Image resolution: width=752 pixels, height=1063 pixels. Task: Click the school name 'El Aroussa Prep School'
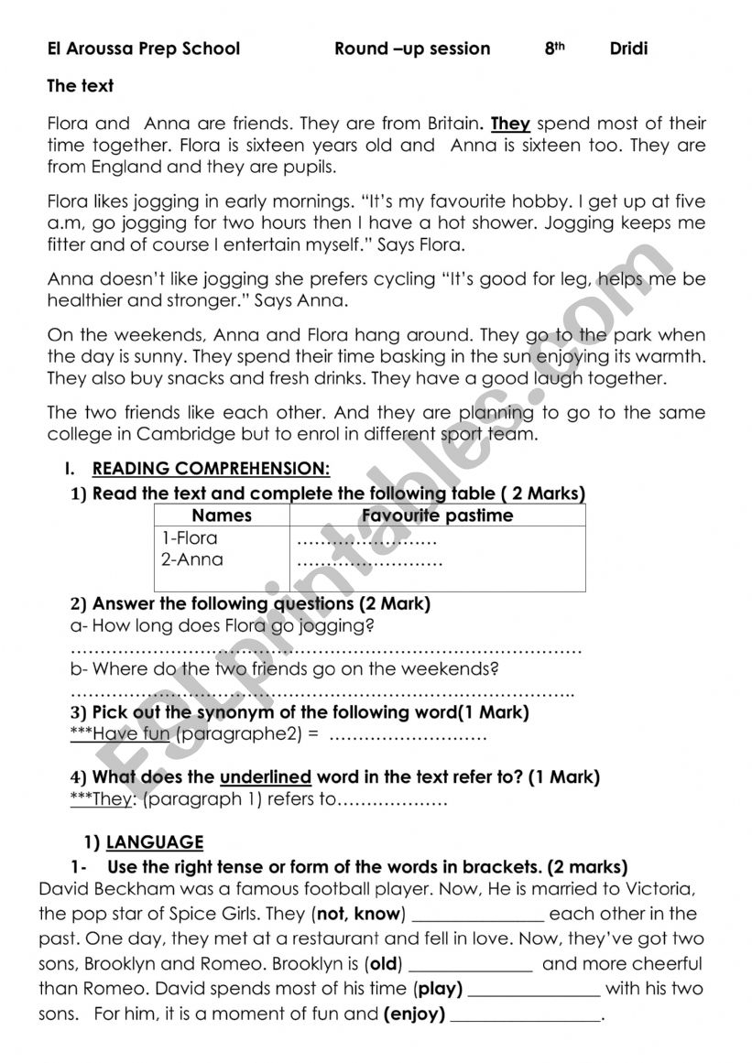[x=144, y=49]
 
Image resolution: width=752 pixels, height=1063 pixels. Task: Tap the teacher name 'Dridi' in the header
[x=628, y=49]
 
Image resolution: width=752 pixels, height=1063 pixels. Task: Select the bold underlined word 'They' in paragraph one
[x=510, y=124]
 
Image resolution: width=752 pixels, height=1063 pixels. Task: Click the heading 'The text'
[x=81, y=86]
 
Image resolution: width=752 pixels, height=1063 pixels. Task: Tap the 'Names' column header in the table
[x=222, y=515]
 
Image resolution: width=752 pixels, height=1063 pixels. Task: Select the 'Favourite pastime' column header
[x=437, y=515]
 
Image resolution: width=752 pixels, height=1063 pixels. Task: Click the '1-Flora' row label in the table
[x=190, y=537]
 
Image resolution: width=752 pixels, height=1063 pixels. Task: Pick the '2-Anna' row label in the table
[x=191, y=559]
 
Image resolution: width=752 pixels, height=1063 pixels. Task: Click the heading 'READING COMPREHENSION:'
[x=211, y=469]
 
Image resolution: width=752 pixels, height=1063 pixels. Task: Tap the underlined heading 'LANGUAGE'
[x=155, y=842]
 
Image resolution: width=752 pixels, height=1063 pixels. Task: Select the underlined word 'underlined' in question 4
[x=266, y=777]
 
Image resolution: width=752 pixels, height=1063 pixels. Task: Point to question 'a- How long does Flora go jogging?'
[x=223, y=626]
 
